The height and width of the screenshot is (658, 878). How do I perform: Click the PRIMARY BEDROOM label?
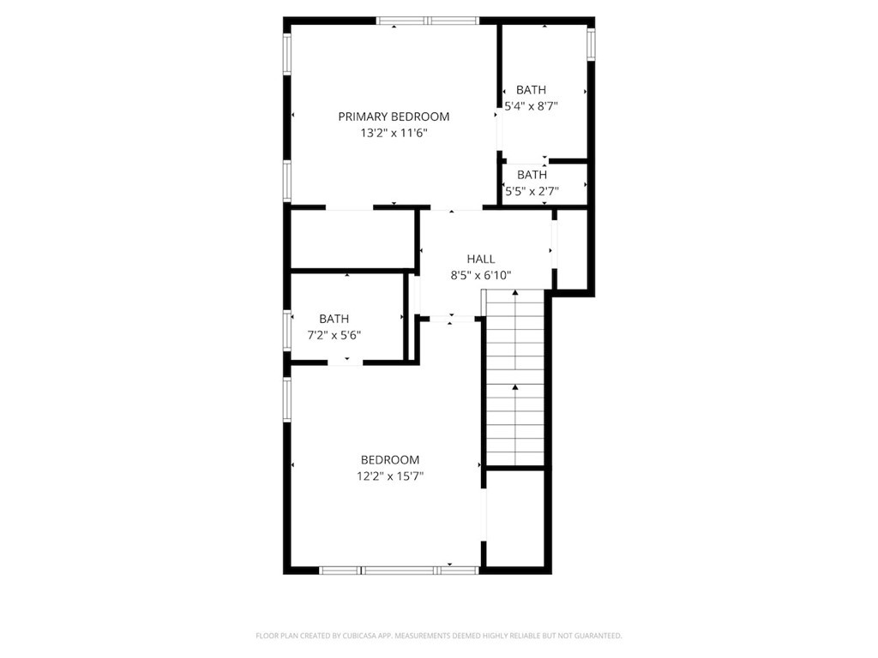[x=394, y=117]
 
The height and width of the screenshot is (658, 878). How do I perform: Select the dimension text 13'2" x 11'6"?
[x=394, y=133]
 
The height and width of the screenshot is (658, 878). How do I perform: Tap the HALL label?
[x=481, y=259]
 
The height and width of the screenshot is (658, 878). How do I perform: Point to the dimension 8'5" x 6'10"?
[x=481, y=275]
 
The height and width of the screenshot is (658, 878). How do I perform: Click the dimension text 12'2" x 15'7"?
[x=390, y=476]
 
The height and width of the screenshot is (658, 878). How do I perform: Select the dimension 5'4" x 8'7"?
[x=532, y=106]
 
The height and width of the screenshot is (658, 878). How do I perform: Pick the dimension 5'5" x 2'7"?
[x=532, y=191]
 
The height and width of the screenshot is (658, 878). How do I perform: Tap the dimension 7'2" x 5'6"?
[x=334, y=336]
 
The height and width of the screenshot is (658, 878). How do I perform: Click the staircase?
[x=515, y=377]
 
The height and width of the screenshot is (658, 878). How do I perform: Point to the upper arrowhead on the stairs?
[x=515, y=292]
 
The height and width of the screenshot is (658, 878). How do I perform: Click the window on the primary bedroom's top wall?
[x=428, y=21]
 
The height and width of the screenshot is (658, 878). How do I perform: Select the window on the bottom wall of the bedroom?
[x=400, y=570]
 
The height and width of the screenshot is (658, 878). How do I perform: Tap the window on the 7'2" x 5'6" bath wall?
[x=287, y=331]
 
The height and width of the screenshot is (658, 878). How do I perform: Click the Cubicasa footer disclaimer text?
[x=439, y=636]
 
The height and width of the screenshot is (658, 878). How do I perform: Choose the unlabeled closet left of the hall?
[x=352, y=240]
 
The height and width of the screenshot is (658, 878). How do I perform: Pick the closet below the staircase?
[x=515, y=518]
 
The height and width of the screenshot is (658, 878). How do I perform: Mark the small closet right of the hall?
[x=572, y=249]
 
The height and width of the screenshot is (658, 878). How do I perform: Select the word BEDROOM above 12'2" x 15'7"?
[x=390, y=460]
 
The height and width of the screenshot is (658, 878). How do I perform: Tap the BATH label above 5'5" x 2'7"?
[x=532, y=175]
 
